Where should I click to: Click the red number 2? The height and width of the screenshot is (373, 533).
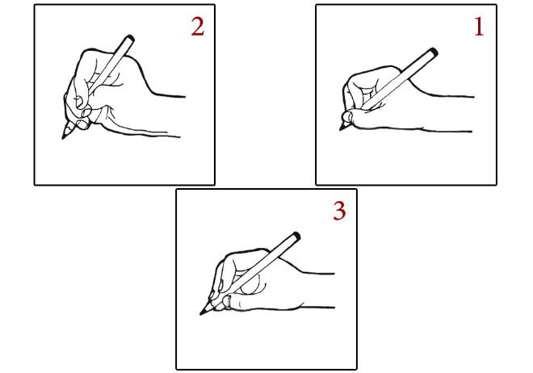tap(197, 27)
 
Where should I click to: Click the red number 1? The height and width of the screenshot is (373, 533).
tap(479, 27)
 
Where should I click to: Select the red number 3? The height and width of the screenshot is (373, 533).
tap(339, 211)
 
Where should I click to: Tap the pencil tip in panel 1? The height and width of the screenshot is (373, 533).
tap(342, 128)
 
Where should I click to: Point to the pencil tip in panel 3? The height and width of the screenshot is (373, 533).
tap(201, 313)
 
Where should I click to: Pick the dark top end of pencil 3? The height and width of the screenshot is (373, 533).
tap(296, 236)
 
